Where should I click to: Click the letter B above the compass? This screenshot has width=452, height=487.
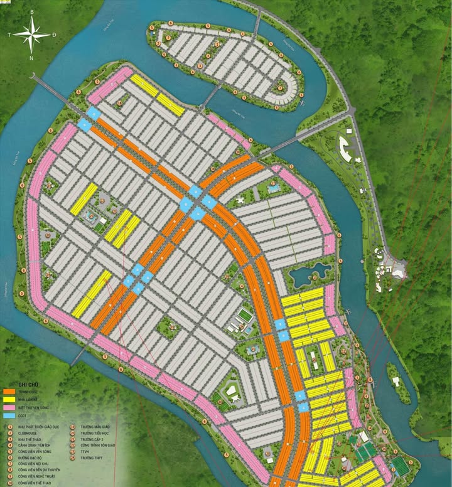[32, 12]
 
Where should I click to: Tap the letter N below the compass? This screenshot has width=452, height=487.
[32, 58]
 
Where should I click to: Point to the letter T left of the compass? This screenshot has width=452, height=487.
[9, 35]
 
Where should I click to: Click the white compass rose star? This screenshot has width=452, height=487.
[32, 35]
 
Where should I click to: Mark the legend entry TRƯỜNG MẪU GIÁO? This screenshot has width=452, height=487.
[95, 426]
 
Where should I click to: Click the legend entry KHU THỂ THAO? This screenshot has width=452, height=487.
[31, 442]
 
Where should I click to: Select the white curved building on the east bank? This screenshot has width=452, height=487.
[345, 148]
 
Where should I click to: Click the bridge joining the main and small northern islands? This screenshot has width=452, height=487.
[210, 95]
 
